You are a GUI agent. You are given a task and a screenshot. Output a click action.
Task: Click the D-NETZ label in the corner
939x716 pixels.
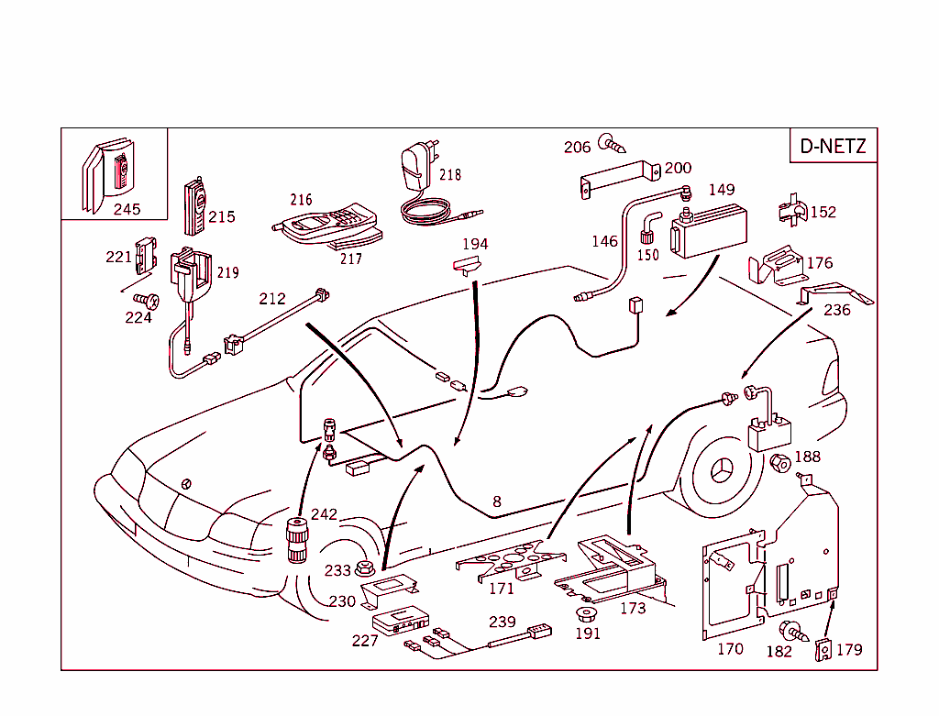(833, 146)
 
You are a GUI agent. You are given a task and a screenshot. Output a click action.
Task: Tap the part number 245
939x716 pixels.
(127, 209)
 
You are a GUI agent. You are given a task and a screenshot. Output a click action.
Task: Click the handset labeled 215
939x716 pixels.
(194, 206)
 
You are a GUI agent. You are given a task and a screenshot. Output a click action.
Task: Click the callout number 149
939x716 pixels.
(722, 190)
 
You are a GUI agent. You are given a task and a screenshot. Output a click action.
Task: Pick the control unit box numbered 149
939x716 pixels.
(709, 232)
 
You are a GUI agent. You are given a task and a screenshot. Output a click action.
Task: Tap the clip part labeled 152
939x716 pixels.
(790, 212)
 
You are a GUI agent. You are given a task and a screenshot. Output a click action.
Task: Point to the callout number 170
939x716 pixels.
(730, 650)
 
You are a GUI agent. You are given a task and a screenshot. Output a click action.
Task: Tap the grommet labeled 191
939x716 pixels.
(587, 613)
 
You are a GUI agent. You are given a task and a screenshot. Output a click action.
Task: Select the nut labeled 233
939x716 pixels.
(364, 568)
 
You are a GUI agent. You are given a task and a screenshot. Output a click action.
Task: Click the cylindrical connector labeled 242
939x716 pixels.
(298, 540)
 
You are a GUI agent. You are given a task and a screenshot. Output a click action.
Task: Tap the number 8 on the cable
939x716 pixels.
(497, 501)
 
